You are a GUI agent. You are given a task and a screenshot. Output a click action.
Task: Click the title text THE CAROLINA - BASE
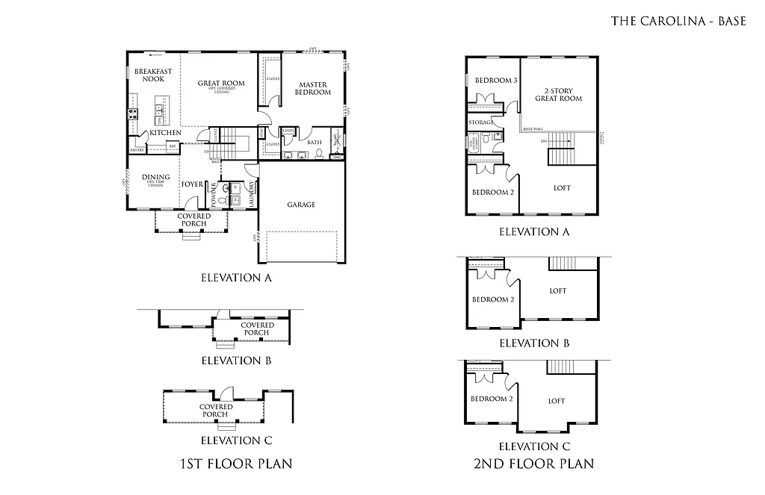coord(678,21)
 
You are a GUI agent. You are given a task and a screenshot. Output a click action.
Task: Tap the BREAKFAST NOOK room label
coord(153,75)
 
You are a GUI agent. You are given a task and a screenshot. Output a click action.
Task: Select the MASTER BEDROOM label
coord(313,88)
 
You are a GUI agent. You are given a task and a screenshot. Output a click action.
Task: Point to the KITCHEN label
coord(165,133)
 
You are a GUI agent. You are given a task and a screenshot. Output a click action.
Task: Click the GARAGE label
coord(301,205)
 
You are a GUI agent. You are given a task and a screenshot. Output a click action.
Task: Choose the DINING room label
coord(156,178)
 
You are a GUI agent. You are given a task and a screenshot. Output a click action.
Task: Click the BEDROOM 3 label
coord(496,81)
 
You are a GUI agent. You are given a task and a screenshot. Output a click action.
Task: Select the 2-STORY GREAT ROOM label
coord(558,95)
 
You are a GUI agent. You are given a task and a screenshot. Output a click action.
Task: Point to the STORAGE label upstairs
coord(480,122)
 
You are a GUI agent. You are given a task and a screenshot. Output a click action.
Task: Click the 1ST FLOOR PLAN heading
coord(235,464)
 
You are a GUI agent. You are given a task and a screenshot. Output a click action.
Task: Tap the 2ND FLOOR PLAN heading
coord(534,464)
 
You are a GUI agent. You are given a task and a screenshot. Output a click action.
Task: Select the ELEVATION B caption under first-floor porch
coord(235,361)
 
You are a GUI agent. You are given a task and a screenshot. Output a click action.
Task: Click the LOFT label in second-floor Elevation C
coord(557,401)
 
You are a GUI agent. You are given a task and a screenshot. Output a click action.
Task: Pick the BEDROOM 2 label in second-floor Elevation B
coord(493,300)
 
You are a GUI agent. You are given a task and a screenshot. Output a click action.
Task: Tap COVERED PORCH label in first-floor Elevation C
coord(216,410)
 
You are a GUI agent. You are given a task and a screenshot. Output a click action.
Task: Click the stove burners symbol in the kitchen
coord(133,114)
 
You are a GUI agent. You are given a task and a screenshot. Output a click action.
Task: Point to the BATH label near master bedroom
coord(314,142)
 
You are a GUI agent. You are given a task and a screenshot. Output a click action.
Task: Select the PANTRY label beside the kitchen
coord(137,150)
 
